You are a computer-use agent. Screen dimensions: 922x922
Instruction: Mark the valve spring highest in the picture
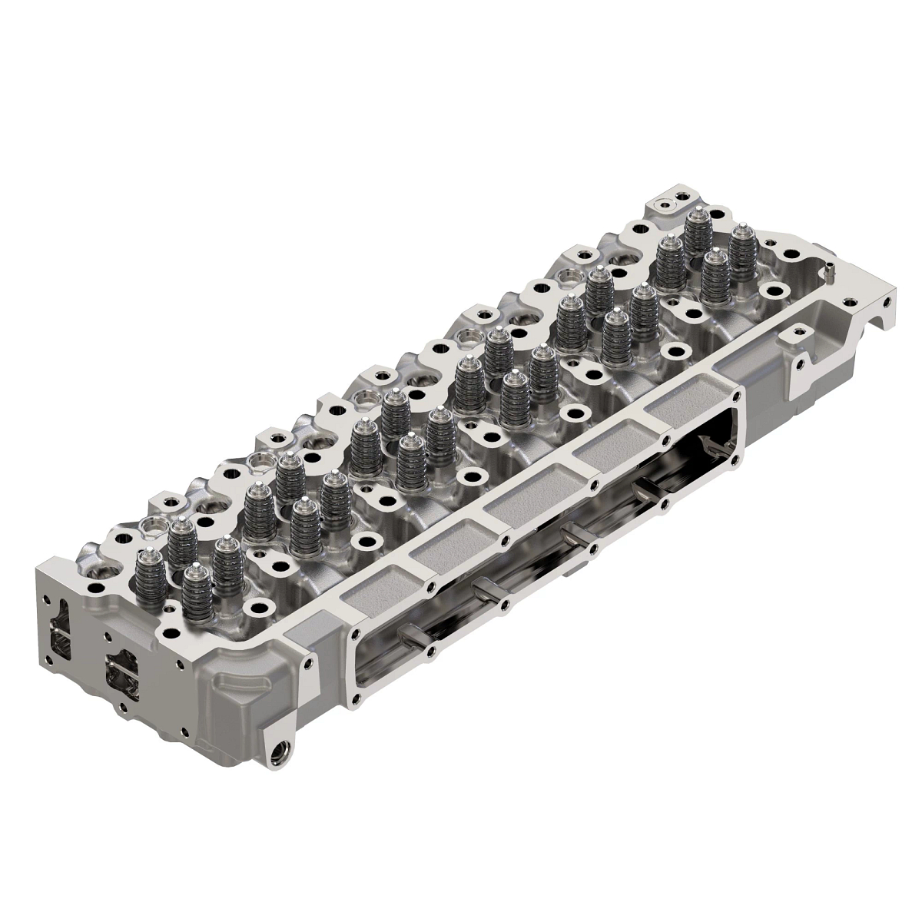pos(696,226)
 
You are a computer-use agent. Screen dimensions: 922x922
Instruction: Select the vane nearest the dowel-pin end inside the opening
pos(711,446)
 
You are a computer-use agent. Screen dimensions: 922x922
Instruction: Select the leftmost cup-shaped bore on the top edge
pos(151,525)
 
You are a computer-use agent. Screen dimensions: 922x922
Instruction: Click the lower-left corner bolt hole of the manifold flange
pos(356,701)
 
